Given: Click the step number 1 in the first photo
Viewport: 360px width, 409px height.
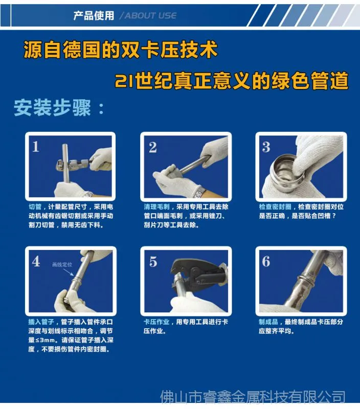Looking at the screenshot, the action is point(36,147).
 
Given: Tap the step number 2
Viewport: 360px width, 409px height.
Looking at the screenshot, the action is point(153,147).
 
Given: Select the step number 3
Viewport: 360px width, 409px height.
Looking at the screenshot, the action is point(266,147).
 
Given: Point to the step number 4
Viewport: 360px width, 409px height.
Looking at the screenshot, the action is point(36,261).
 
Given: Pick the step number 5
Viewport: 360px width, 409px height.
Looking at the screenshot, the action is point(153,262).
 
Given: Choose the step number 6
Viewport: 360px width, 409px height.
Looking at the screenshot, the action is point(266,261).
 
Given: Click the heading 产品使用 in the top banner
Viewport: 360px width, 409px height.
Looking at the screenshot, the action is point(94,16).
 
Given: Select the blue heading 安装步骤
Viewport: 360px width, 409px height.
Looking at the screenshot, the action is point(52,108).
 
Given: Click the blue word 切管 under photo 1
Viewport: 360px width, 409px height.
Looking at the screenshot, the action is point(35,207).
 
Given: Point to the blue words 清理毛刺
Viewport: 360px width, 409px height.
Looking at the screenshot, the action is point(157,207).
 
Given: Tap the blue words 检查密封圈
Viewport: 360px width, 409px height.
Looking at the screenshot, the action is point(275,207).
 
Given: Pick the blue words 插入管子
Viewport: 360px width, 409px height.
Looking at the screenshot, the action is point(41,322).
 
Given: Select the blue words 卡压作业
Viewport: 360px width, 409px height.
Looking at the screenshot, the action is point(156,322).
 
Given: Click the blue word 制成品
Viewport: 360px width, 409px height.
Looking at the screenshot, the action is point(268,322).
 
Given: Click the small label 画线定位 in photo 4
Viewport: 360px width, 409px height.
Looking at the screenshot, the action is point(62,264).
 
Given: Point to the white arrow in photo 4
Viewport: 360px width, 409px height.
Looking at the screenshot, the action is point(69,272).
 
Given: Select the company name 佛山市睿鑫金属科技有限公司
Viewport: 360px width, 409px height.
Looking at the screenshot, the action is point(253,397).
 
